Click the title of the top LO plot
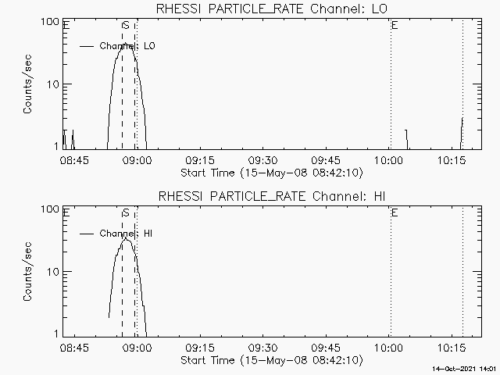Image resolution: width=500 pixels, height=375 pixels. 270,9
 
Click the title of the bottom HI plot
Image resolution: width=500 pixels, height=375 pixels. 270,196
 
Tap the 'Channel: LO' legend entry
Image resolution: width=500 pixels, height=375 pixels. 128,46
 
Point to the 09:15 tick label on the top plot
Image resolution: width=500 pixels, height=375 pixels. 199,160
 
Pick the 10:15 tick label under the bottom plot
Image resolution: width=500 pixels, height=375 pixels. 452,348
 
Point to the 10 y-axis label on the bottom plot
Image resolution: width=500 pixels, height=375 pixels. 55,272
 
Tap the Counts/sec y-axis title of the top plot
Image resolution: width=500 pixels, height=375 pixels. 27,84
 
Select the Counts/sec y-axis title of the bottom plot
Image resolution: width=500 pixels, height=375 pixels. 27,272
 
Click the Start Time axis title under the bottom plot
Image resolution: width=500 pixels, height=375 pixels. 270,360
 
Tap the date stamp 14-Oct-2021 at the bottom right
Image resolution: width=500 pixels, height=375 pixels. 466,368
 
